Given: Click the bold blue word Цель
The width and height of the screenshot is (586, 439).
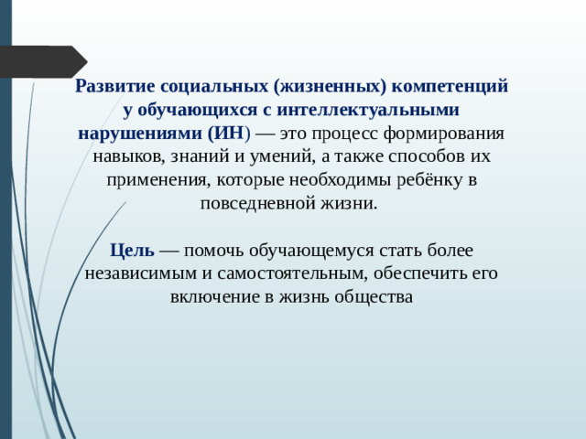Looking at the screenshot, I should (132, 249).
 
